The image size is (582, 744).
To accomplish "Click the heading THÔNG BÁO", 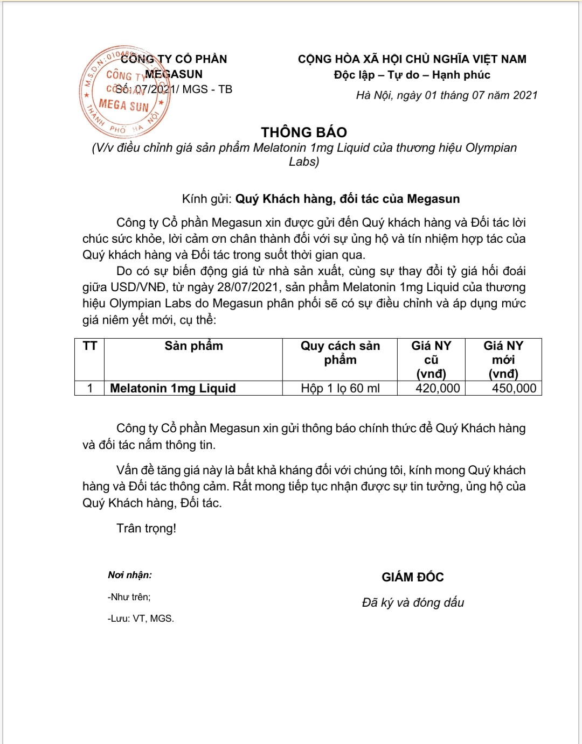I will [304, 132].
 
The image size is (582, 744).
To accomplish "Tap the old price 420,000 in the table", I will [438, 388].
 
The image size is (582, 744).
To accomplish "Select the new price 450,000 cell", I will [514, 388].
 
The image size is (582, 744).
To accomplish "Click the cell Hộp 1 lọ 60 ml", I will [340, 388].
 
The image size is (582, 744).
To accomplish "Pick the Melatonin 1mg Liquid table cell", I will [173, 388].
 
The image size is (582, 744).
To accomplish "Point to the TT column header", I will [89, 346].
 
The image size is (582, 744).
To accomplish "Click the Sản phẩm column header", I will [193, 346].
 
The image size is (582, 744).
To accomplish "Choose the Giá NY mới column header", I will [503, 360].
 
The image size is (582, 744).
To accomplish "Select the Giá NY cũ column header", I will [431, 360].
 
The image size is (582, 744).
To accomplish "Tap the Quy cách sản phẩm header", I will [340, 353].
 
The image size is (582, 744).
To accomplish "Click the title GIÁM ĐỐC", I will [413, 577].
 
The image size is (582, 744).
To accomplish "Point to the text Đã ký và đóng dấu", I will [413, 602].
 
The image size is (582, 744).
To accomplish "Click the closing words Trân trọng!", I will [146, 528].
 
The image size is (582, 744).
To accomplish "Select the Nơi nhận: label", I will [130, 575].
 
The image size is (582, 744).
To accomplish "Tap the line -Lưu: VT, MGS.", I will [141, 619].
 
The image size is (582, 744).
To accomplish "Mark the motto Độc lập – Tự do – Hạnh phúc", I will [412, 75].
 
